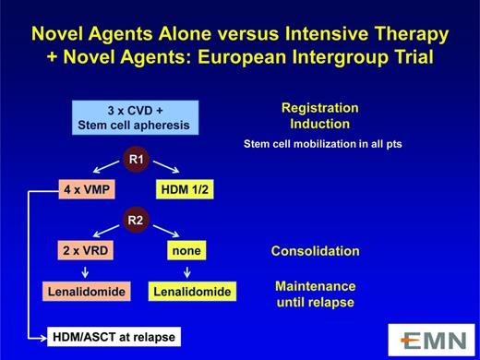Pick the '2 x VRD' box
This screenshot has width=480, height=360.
(87, 251)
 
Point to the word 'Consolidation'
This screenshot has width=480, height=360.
(315, 251)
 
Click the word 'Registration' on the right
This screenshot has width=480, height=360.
(319, 108)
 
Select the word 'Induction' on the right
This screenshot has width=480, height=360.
(319, 125)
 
